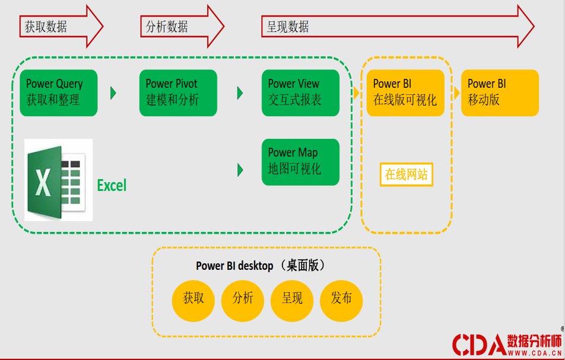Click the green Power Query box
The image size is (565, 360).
point(58,93)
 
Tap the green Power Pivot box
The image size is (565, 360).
point(178,93)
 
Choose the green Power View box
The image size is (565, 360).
point(300,93)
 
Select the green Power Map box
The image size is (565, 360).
point(300,161)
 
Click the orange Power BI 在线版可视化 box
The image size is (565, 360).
point(405,93)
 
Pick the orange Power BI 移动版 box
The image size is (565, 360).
point(500,93)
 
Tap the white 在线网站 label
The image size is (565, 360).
point(406,174)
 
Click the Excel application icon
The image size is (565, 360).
point(58,180)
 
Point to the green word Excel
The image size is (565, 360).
point(112,186)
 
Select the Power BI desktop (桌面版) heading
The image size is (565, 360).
point(261,265)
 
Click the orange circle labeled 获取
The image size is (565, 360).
point(193,298)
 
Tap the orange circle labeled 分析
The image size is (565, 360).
point(242,298)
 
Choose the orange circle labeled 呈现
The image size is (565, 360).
point(292,298)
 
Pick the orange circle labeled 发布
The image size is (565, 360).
point(341,298)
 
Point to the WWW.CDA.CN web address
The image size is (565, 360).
point(534,353)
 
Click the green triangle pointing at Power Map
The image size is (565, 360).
point(240,170)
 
